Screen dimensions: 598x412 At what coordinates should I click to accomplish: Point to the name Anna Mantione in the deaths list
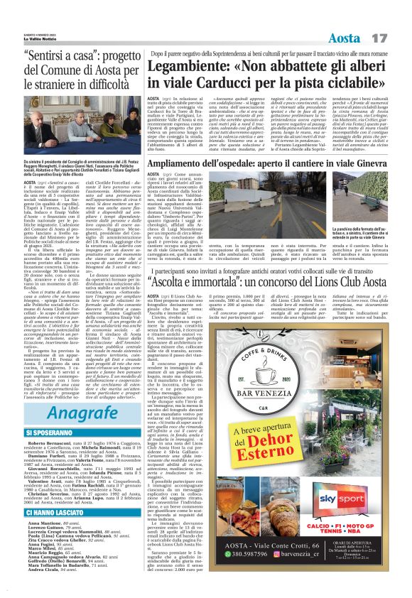point(45,521)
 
